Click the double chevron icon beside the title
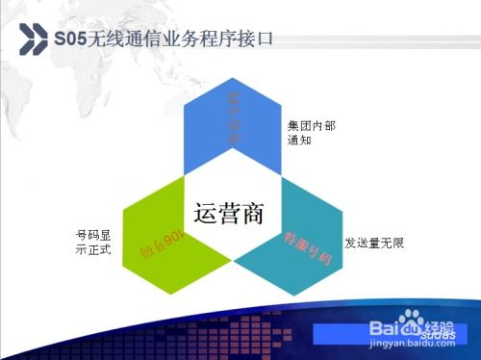35,39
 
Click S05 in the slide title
70,39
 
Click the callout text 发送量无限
373,244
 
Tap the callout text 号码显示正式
93,243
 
